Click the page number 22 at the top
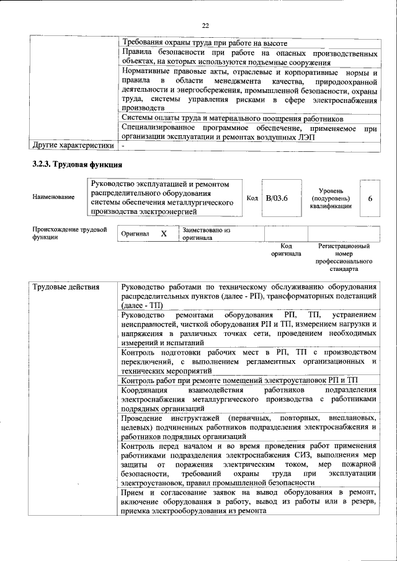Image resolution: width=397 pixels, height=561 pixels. pos(205,25)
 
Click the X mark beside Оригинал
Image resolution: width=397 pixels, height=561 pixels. pos(164,234)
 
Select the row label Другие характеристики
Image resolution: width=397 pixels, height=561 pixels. pos(73,146)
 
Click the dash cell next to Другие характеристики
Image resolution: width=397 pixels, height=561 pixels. pos(123,146)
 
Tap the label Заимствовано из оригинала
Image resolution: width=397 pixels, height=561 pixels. pos(205,234)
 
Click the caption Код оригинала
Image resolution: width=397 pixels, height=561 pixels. pos(286,250)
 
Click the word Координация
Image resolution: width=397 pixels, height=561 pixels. pos(145,390)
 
